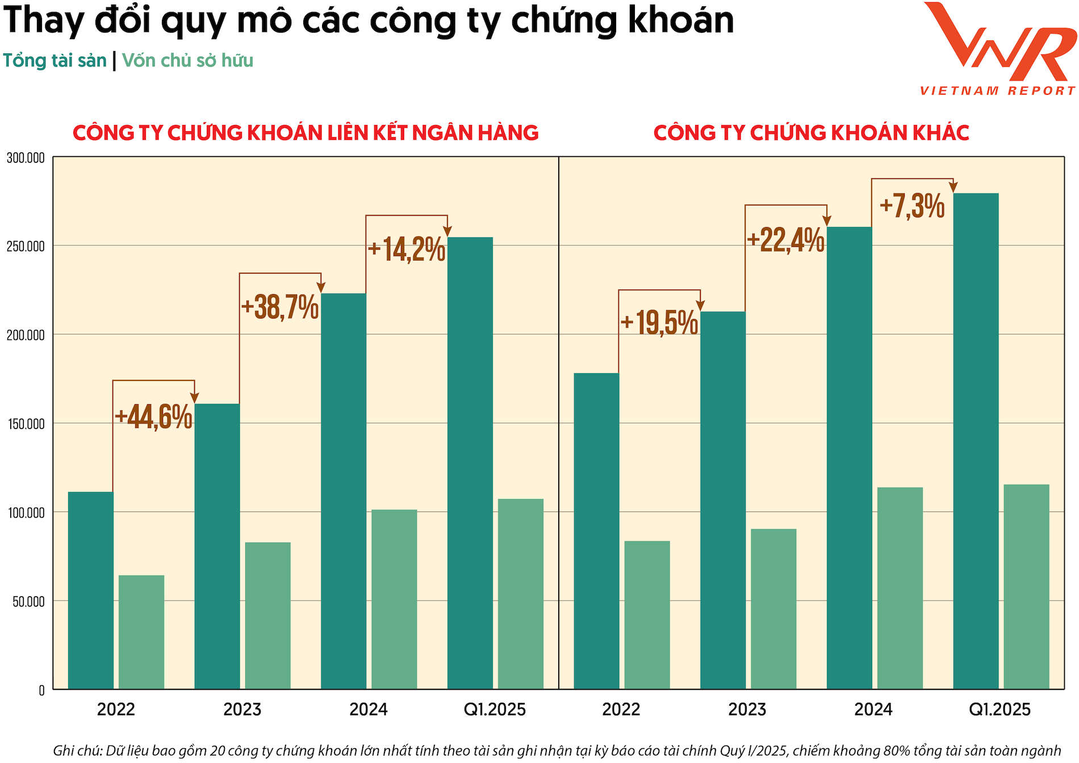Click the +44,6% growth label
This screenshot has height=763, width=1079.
coord(153,417)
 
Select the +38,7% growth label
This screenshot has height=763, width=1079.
coord(279,308)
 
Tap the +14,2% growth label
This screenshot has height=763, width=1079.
coord(406,249)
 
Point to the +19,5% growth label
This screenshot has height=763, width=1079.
coord(659,323)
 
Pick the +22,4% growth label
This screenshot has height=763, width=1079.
coord(785,240)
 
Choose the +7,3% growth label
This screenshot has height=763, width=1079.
coord(912,206)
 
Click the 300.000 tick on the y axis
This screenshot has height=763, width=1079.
coord(26,158)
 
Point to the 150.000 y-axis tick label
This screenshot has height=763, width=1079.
coord(26,424)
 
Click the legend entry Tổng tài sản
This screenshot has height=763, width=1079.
coord(55,61)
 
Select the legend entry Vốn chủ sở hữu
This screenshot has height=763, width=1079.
coord(187,61)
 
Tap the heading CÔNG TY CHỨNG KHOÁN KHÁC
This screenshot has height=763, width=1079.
coord(811,133)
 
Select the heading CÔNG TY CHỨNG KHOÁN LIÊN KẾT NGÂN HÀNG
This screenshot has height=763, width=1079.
coord(306,133)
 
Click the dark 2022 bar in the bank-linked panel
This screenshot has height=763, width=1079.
coord(90,590)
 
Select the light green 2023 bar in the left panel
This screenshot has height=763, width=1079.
coord(267,615)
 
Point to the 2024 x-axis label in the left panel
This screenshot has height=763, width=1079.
coord(369,710)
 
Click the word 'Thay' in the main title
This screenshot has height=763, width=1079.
coord(44,20)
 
